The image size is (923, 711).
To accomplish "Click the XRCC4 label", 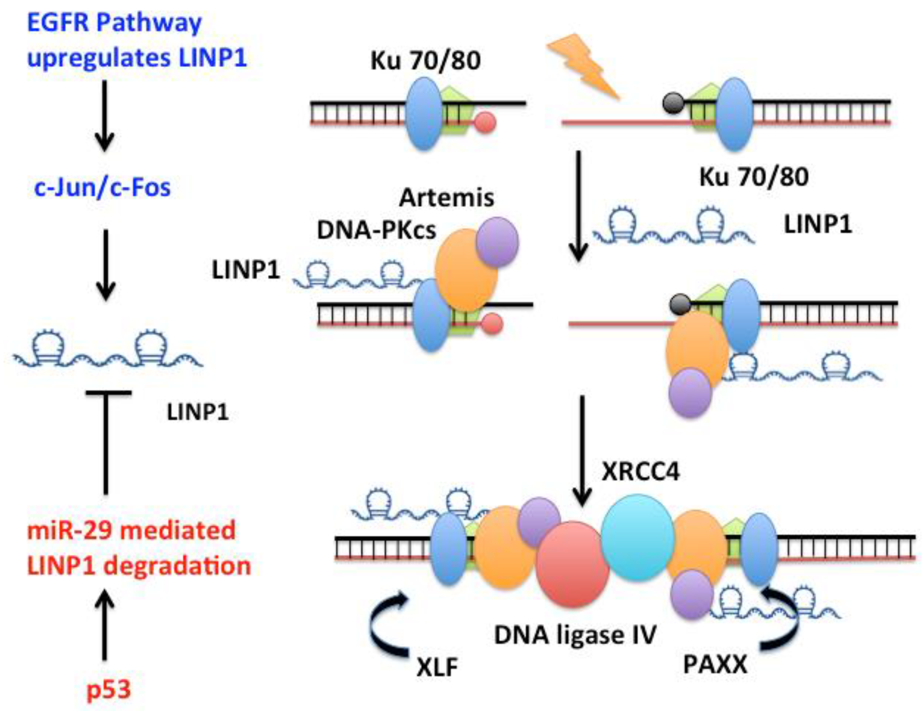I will pos(640,471).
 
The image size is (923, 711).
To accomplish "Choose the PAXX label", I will pos(715,665).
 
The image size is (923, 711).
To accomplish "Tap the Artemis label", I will pos(446,197).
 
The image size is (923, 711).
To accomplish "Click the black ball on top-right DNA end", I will pos(673,104).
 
